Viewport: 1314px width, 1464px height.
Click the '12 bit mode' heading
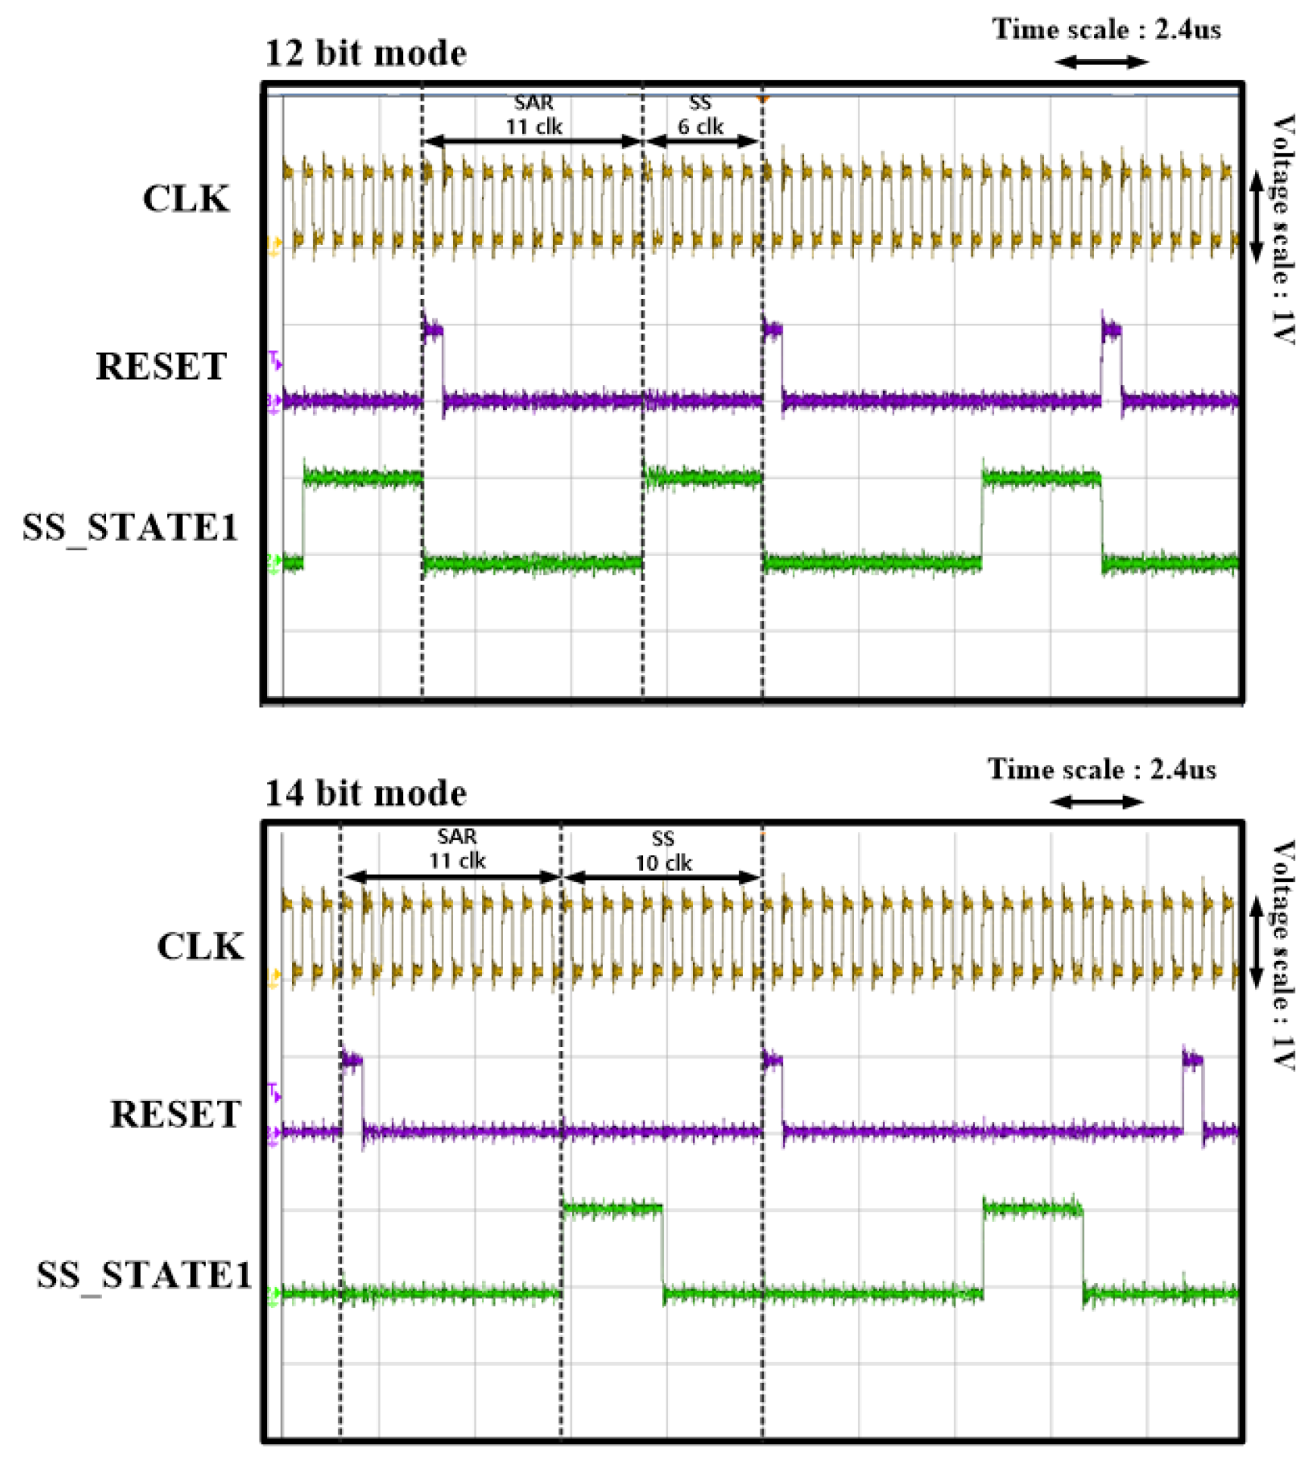click(365, 54)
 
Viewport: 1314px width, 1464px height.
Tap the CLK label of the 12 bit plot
click(186, 200)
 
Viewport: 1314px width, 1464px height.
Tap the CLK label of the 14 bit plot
click(200, 946)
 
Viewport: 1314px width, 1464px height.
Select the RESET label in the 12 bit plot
click(161, 367)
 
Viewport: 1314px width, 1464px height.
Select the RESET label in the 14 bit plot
click(176, 1114)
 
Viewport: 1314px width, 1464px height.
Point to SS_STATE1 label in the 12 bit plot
click(130, 527)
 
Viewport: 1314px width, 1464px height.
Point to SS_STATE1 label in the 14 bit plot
click(144, 1275)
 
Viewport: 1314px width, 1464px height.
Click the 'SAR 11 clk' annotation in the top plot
click(533, 115)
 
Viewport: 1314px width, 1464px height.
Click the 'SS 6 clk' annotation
click(700, 115)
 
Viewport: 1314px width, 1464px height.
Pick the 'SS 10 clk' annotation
click(663, 851)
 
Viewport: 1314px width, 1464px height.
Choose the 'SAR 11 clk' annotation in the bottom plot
click(457, 849)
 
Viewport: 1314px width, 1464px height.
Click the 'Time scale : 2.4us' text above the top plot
click(1106, 30)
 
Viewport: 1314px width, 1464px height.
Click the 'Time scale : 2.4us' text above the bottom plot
click(1101, 769)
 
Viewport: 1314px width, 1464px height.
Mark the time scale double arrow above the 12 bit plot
click(1101, 62)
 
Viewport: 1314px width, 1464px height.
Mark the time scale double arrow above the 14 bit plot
click(1097, 802)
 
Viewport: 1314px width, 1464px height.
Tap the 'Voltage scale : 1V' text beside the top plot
click(1283, 229)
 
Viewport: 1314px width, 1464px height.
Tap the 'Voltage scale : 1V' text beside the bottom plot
click(1283, 955)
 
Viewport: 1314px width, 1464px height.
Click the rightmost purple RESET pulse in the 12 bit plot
click(1111, 331)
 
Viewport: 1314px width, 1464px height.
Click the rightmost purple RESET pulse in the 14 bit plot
click(1192, 1061)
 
